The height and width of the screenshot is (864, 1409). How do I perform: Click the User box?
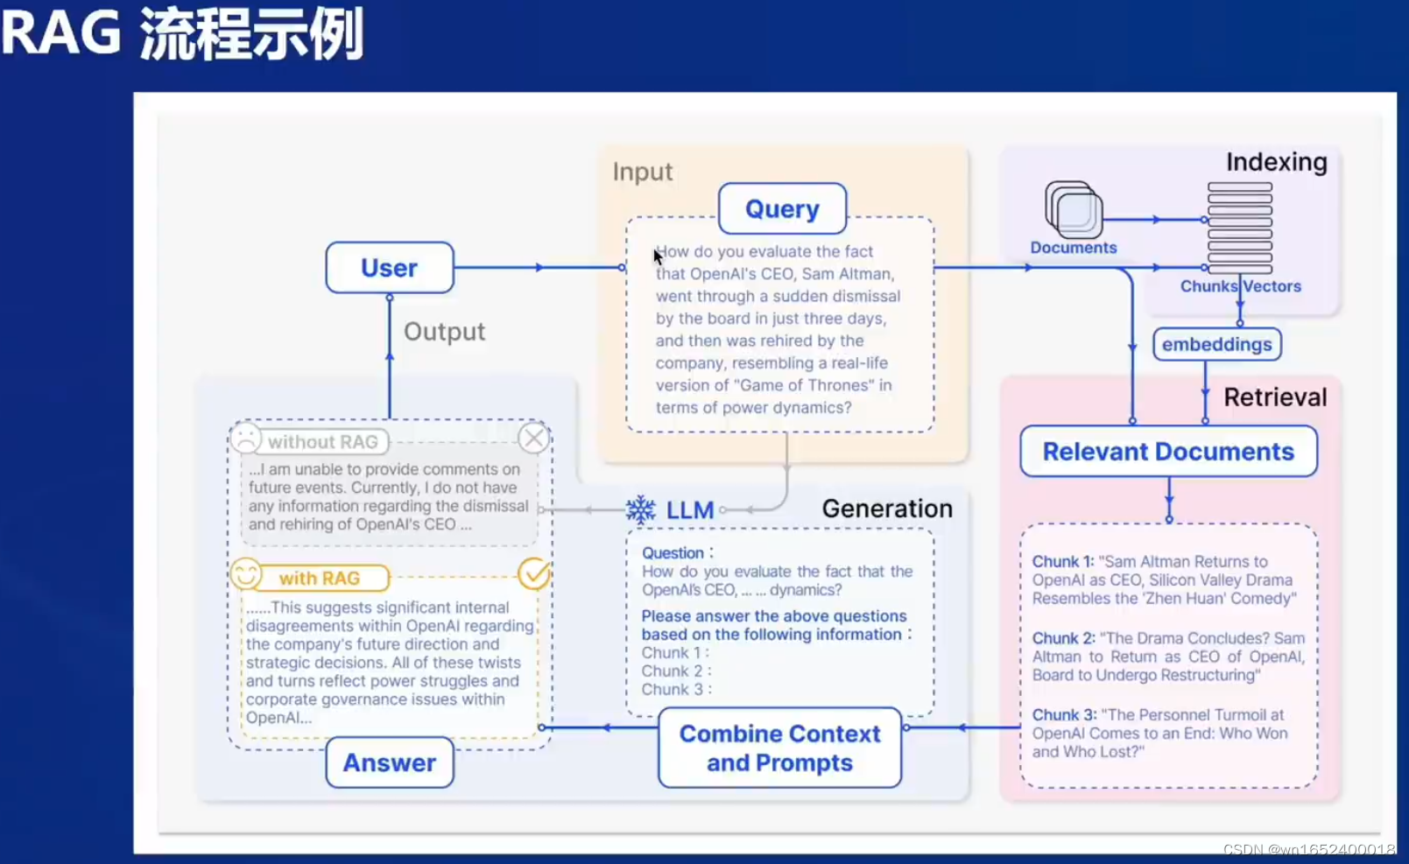point(390,268)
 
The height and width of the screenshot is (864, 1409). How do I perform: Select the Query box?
point(782,209)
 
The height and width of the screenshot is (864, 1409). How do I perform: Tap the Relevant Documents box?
point(1168,452)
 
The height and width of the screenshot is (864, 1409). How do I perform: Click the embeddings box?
point(1216,344)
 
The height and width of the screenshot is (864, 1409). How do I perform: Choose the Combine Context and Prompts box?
point(779,748)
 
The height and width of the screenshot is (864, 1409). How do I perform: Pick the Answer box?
point(390,762)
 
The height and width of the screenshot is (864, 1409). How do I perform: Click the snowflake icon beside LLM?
point(641,509)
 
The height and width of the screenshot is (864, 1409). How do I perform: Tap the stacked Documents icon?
point(1073,210)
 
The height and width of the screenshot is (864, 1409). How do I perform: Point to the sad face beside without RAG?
point(246,438)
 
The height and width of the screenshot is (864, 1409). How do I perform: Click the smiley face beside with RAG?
point(246,574)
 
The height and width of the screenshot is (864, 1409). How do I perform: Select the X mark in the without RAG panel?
point(533,438)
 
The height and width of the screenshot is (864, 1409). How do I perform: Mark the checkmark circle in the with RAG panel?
point(533,574)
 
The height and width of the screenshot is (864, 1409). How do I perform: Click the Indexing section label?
point(1276,163)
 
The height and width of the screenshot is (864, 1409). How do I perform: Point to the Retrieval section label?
point(1275,397)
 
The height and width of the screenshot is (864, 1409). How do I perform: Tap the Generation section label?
point(886,509)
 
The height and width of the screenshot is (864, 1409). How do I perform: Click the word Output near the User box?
point(444,332)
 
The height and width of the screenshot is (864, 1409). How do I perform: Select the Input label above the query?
point(643,172)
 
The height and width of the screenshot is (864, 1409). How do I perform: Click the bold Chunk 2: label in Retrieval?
point(1063,639)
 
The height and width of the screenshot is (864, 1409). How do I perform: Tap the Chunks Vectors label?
point(1240,286)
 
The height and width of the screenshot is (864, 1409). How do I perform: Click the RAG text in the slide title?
point(61,33)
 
